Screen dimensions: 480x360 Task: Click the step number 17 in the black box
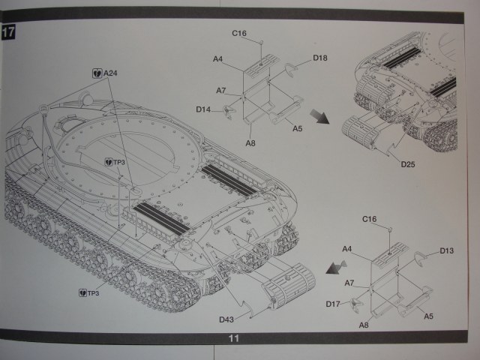(9, 33)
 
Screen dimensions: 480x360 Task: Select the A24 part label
(109, 73)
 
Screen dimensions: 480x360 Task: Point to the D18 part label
(319, 58)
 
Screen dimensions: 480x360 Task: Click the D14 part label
(203, 109)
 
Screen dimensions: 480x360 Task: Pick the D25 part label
(408, 164)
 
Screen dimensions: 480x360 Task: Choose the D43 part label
(226, 319)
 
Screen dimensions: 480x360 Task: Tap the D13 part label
(447, 250)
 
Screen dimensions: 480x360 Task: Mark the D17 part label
(334, 304)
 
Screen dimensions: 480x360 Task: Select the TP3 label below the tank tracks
(91, 292)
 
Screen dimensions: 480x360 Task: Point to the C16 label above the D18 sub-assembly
(239, 34)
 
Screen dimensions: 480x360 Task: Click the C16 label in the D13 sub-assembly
(369, 219)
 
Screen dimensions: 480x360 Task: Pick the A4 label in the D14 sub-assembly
(218, 58)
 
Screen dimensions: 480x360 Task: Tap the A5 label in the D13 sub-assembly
(428, 316)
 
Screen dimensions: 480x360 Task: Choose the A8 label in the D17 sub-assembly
(364, 325)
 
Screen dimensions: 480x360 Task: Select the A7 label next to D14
(221, 91)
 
